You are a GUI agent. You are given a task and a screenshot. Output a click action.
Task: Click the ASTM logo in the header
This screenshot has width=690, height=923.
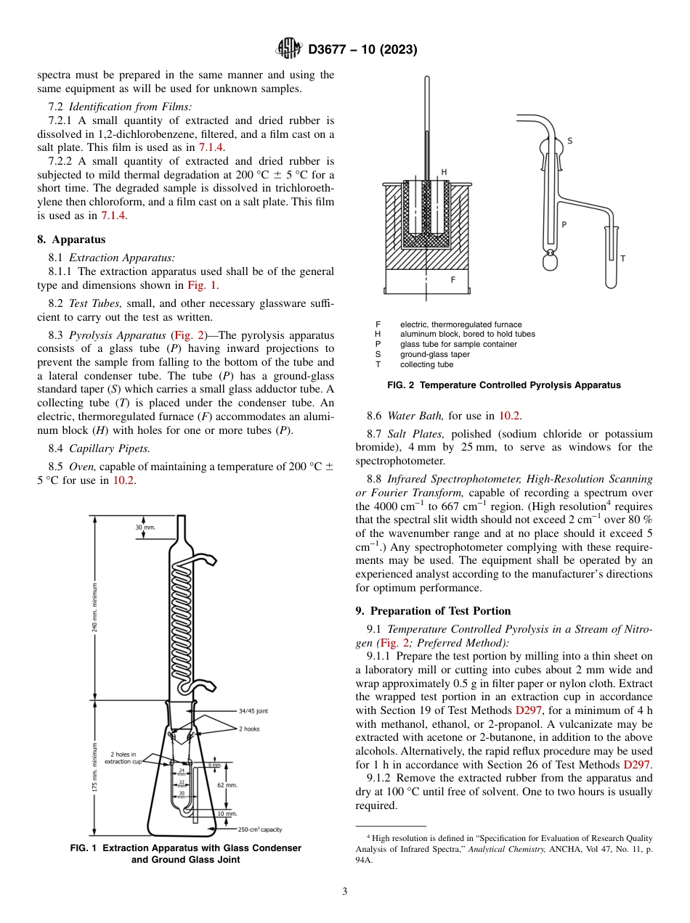[x=289, y=49]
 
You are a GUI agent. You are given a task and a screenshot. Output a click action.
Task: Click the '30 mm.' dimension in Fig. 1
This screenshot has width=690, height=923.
[x=145, y=527]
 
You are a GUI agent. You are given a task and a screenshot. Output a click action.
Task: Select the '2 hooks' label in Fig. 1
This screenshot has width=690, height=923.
[x=249, y=729]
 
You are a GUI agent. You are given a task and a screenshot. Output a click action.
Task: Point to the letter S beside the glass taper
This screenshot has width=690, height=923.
[x=569, y=141]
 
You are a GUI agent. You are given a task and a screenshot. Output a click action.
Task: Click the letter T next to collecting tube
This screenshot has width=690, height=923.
[x=622, y=258]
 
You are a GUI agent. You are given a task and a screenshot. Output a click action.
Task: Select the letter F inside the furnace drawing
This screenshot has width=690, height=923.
[x=453, y=279]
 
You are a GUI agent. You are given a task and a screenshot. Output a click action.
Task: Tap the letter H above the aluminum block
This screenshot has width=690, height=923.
[x=444, y=172]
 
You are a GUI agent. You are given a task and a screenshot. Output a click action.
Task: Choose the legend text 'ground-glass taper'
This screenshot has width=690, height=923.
[x=434, y=354]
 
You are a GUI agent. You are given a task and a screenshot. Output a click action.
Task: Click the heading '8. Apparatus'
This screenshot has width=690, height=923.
[x=71, y=239]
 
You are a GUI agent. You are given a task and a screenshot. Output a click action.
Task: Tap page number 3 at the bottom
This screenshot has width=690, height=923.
[x=344, y=891]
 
